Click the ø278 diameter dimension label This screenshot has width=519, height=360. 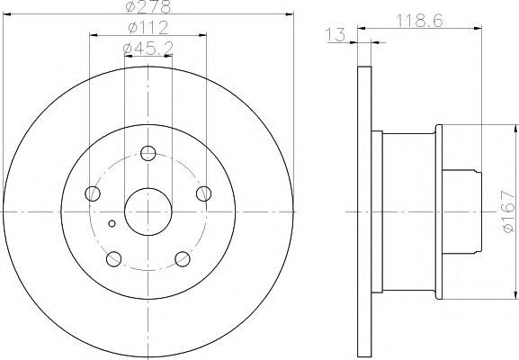[x=148, y=6]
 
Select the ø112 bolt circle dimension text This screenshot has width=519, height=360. [x=148, y=28]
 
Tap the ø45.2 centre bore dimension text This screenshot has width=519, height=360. [x=148, y=49]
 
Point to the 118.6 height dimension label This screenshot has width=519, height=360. [x=419, y=21]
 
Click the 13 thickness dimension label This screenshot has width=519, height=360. [x=336, y=35]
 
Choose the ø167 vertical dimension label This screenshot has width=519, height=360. [x=509, y=211]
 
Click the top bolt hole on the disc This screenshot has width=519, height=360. [x=148, y=153]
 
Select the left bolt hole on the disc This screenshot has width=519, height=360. [x=93, y=193]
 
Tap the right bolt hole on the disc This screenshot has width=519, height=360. [x=203, y=193]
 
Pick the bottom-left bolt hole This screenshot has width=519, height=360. [x=114, y=258]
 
